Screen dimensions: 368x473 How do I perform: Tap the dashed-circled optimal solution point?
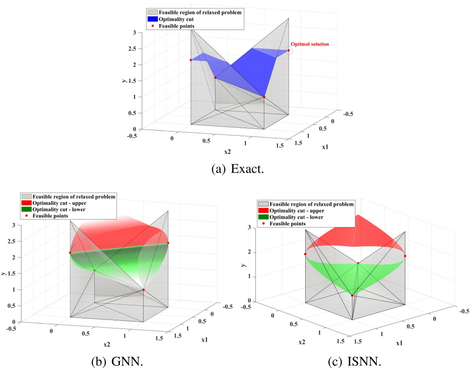pos(289,51)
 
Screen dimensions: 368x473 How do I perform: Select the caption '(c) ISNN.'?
pos(354,361)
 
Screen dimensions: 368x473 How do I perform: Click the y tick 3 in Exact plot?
pos(134,33)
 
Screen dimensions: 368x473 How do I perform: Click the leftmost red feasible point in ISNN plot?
pos(305,254)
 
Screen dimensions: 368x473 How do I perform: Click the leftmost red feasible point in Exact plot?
pos(191,60)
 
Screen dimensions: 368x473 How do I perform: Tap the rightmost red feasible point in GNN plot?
pos(168,243)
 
